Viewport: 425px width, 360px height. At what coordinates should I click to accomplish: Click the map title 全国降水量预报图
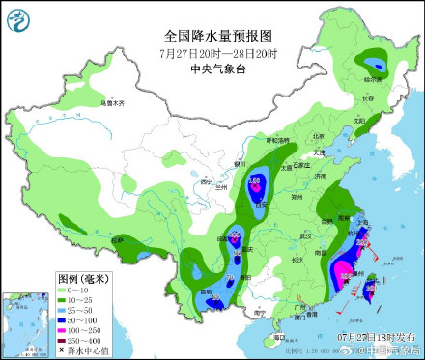click(221, 34)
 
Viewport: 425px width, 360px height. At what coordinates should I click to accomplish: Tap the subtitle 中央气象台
click(221, 68)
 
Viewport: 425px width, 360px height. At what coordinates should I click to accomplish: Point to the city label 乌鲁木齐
click(114, 101)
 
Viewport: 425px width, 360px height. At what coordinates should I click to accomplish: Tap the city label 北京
click(318, 137)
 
